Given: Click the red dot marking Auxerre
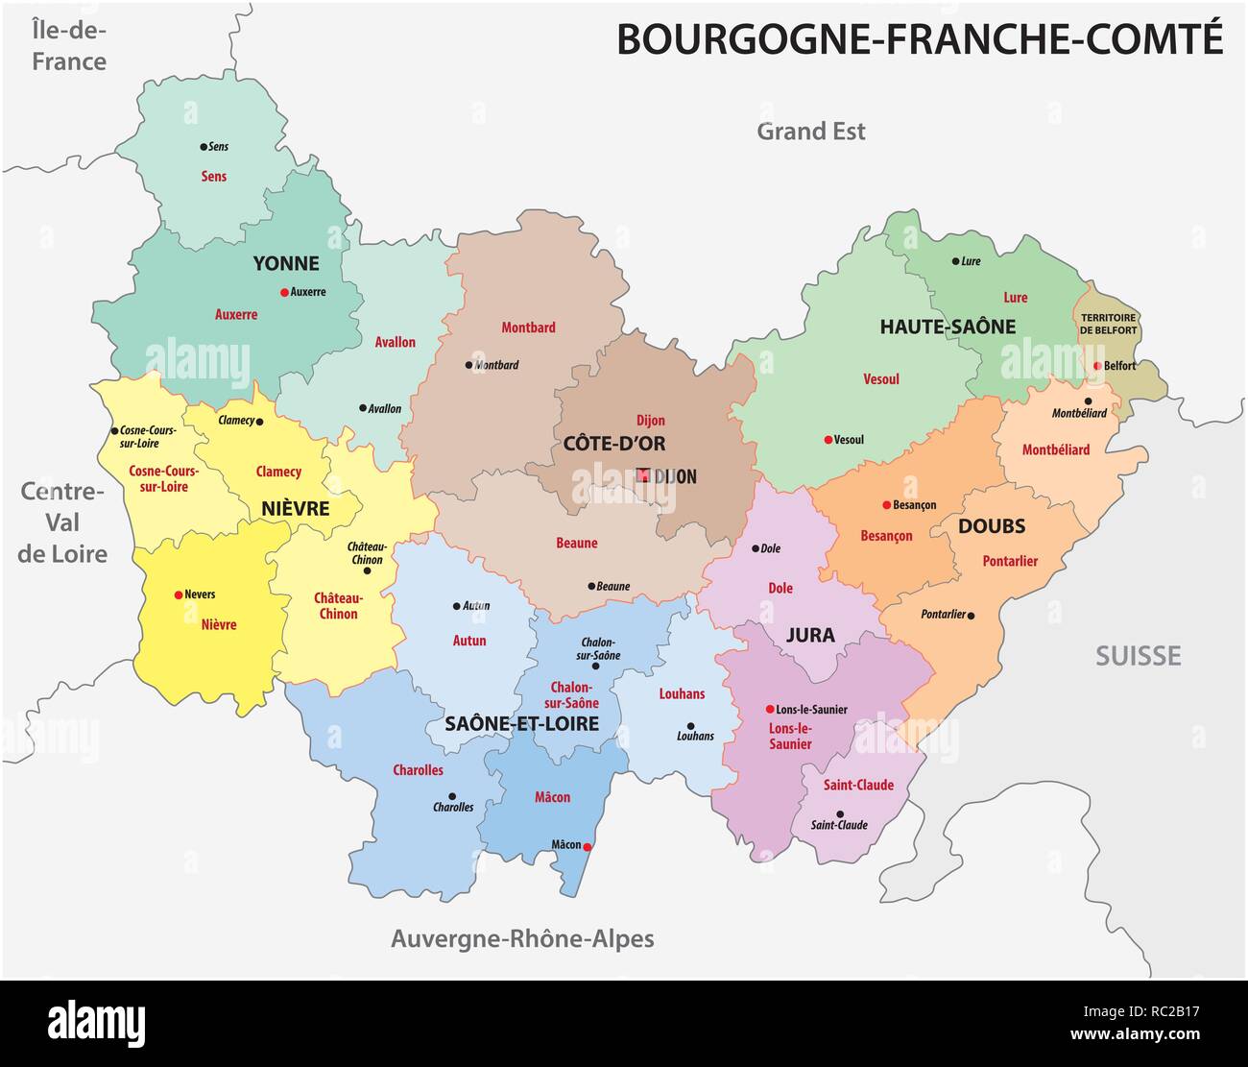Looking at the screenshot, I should pyautogui.click(x=284, y=292).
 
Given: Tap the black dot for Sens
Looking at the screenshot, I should pyautogui.click(x=204, y=147).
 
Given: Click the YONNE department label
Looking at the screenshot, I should pyautogui.click(x=286, y=263).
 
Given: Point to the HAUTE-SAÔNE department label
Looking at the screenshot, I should pyautogui.click(x=948, y=327).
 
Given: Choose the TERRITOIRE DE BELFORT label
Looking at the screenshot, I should pyautogui.click(x=1108, y=324).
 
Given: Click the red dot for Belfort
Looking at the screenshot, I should pyautogui.click(x=1096, y=366).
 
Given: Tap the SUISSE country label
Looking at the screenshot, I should pyautogui.click(x=1138, y=656).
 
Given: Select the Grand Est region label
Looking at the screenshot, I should pyautogui.click(x=810, y=132).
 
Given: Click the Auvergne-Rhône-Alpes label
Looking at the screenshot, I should pyautogui.click(x=522, y=938).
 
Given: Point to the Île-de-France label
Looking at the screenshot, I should pyautogui.click(x=68, y=45).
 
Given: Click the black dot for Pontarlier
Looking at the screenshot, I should pyautogui.click(x=972, y=615).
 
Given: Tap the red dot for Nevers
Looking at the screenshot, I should pyautogui.click(x=178, y=594).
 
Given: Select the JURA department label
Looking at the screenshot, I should pyautogui.click(x=810, y=635).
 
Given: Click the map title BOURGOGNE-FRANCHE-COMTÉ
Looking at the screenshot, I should pyautogui.click(x=919, y=39).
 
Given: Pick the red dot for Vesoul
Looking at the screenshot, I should pyautogui.click(x=828, y=440).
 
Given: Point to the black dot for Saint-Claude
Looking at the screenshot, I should pyautogui.click(x=840, y=813).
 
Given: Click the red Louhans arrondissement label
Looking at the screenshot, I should pyautogui.click(x=682, y=693).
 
